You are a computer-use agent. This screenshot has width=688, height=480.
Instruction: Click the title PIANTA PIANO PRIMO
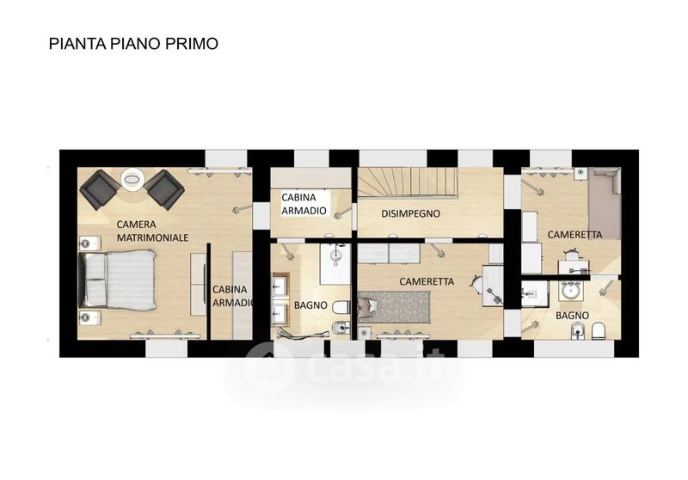coord(133,44)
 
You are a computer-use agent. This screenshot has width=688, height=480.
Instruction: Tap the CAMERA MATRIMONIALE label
coord(152,231)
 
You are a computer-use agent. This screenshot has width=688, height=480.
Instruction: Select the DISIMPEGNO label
coord(411,213)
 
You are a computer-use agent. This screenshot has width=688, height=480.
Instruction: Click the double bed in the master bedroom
coord(118,280)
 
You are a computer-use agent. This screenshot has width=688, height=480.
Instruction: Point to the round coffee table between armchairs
coord(132,180)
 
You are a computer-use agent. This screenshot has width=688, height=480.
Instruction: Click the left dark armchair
coord(100,189)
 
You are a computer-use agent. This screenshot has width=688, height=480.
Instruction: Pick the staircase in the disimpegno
coord(408,182)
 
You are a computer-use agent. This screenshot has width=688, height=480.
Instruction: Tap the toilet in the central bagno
coord(341,307)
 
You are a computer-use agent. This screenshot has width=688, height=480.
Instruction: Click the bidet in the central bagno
coord(341,328)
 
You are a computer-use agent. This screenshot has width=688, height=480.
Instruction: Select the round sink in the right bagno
coord(570,290)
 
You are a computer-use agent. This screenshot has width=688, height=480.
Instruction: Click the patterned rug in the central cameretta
coord(395,307)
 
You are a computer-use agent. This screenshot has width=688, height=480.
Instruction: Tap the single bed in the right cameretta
coord(605,203)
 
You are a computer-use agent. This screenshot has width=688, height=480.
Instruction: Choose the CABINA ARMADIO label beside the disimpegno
coord(304,204)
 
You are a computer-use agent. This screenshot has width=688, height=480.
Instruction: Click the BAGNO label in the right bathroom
coord(572,316)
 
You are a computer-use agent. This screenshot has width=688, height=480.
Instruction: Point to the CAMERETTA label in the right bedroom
coord(574,235)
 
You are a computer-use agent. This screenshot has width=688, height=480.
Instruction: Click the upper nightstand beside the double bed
coord(90,243)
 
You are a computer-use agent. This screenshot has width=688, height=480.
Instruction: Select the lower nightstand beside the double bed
coord(90,317)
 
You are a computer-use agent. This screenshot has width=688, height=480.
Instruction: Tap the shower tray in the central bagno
coord(335,264)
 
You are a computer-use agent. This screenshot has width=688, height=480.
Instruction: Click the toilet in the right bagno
coord(599,331)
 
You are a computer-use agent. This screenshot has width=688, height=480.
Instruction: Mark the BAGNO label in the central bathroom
coord(310,305)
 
